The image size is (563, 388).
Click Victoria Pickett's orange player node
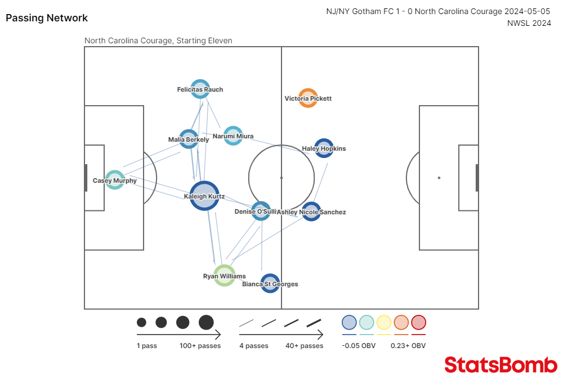pyautogui.click(x=308, y=98)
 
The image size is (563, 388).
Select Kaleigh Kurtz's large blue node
pyautogui.click(x=204, y=196)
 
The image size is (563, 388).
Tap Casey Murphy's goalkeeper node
pyautogui.click(x=115, y=180)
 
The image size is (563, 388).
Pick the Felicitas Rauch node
pyautogui.click(x=200, y=89)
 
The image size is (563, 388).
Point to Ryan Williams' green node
pyautogui.click(x=224, y=276)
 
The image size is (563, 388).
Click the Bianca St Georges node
pyautogui.click(x=270, y=283)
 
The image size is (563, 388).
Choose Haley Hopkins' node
pyautogui.click(x=324, y=148)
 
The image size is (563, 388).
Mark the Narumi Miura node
pyautogui.click(x=233, y=136)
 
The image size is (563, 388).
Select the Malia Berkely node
pyautogui.click(x=189, y=139)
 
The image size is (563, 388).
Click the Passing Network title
pyautogui.click(x=47, y=18)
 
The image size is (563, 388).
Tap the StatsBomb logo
pyautogui.click(x=501, y=365)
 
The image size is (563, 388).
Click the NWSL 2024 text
pyautogui.click(x=529, y=23)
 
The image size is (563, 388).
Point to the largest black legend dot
pyautogui.click(x=206, y=322)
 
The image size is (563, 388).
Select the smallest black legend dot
pyautogui.click(x=141, y=322)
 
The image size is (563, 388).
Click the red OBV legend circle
pyautogui.click(x=418, y=322)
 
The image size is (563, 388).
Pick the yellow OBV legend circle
pyautogui.click(x=384, y=322)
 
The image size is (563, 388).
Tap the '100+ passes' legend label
pyautogui.click(x=200, y=346)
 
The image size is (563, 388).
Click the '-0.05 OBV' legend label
pyautogui.click(x=359, y=346)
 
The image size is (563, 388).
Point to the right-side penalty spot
pyautogui.click(x=439, y=178)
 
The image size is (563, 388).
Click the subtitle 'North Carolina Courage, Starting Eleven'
pyautogui.click(x=158, y=40)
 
